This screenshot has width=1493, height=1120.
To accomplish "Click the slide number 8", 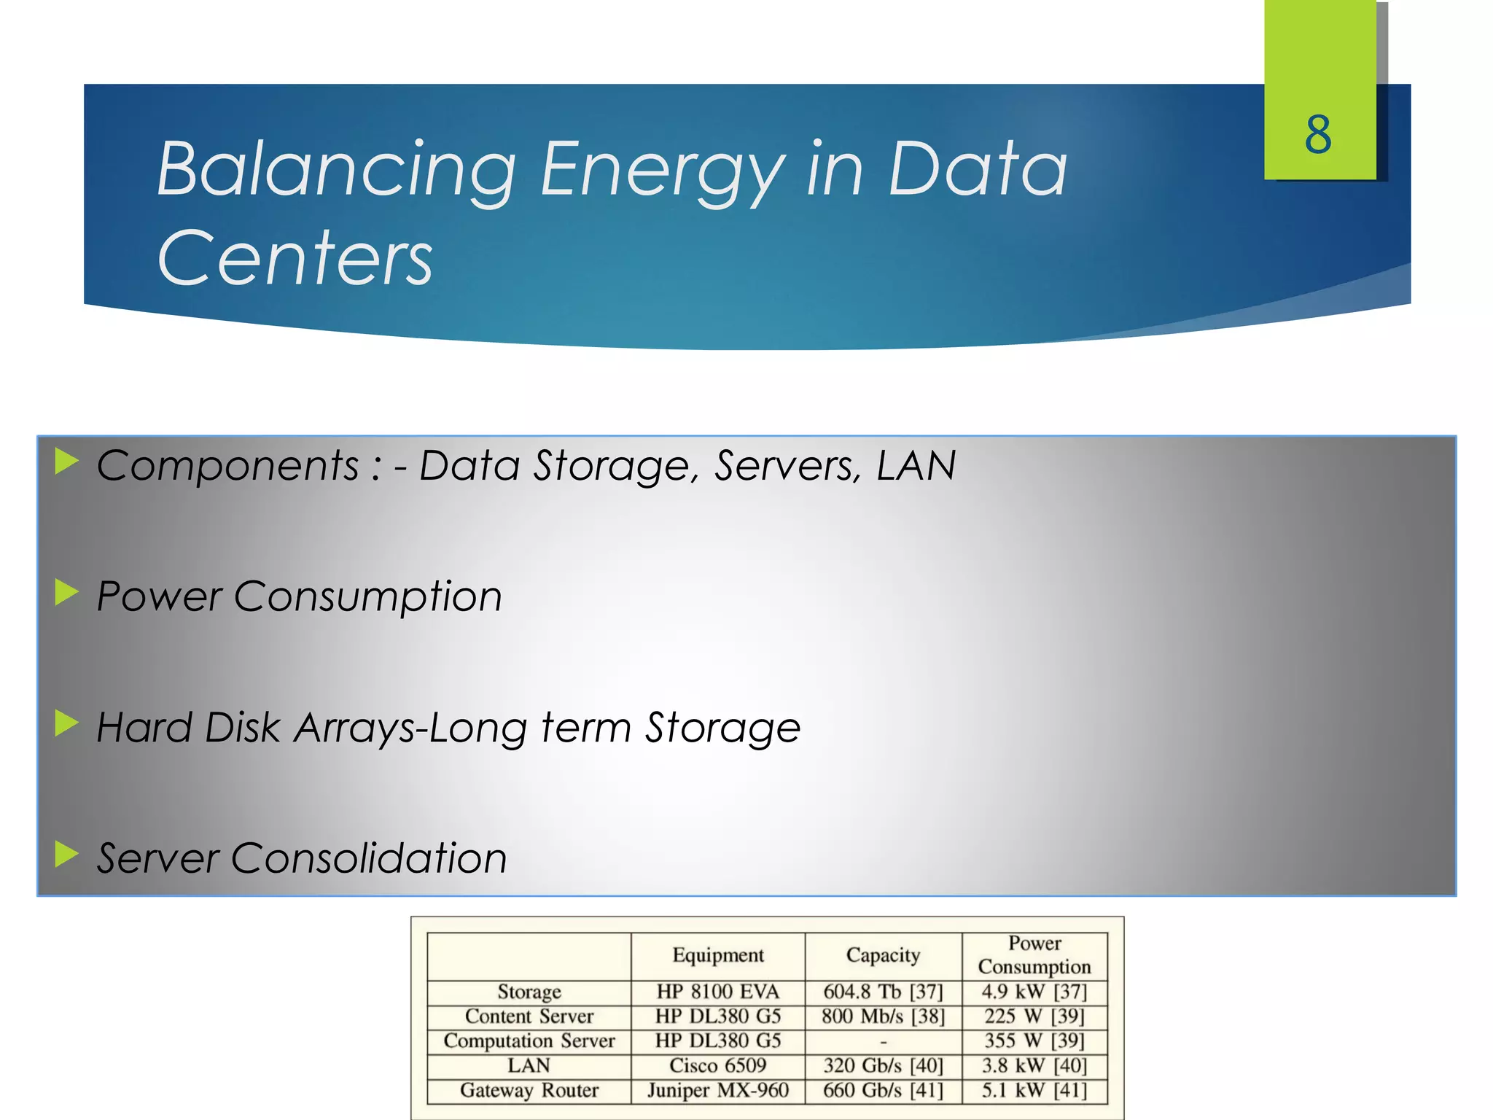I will (1318, 135).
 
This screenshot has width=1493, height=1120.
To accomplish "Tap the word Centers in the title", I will (295, 257).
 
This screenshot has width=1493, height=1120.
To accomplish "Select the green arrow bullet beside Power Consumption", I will (66, 593).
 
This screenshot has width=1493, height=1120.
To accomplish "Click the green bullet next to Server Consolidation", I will (66, 854).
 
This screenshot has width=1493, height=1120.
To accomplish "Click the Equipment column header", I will (717, 955).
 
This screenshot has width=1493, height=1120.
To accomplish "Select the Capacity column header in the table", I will (883, 955).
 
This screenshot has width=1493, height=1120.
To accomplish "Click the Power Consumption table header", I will (1034, 954).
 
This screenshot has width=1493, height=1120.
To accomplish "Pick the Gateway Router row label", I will (529, 1090).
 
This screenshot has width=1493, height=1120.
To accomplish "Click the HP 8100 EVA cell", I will (717, 992).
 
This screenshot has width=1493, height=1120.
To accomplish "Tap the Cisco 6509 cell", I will (717, 1065).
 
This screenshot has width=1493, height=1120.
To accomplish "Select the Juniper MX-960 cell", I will (717, 1090).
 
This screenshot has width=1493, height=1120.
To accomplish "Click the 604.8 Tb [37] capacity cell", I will (883, 992).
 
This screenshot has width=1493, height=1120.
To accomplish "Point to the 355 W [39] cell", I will (1034, 1041).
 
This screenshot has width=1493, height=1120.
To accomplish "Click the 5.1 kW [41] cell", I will (1034, 1090).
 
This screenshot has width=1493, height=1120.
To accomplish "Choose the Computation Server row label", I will (529, 1041).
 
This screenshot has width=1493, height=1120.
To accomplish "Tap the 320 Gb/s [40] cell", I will (883, 1065).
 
